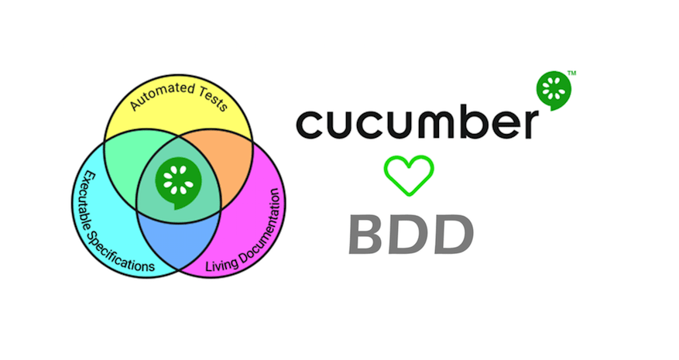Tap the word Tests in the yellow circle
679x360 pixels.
210,101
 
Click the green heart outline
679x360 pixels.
409,174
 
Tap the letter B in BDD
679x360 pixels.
370,235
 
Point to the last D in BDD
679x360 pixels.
451,235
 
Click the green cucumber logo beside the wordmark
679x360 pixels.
553,91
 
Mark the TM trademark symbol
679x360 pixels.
571,73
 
